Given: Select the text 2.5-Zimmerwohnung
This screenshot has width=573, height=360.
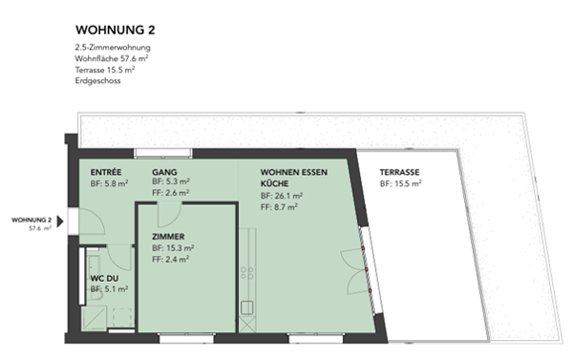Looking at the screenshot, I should click(x=112, y=48).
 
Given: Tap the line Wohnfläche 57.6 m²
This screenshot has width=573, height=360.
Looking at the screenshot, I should click(x=113, y=59).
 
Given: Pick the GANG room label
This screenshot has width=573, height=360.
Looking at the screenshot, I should click(x=164, y=171).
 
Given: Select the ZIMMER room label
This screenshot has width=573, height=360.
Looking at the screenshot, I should click(x=168, y=237).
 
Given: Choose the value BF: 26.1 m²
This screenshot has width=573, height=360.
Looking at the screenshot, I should click(x=281, y=195).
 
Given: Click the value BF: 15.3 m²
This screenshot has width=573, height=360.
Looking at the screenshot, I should click(x=172, y=247).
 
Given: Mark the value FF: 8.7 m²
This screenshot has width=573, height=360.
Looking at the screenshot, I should click(x=279, y=206).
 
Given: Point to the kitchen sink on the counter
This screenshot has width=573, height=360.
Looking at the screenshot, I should click(x=247, y=308).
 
